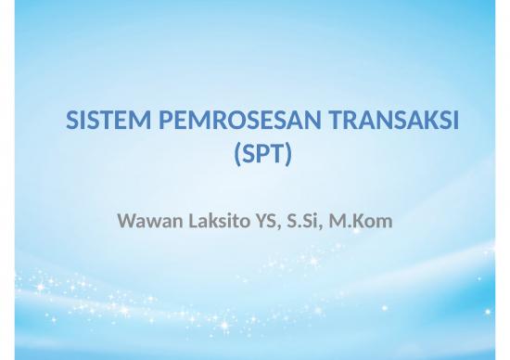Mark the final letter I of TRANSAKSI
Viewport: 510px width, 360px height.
[458, 122]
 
